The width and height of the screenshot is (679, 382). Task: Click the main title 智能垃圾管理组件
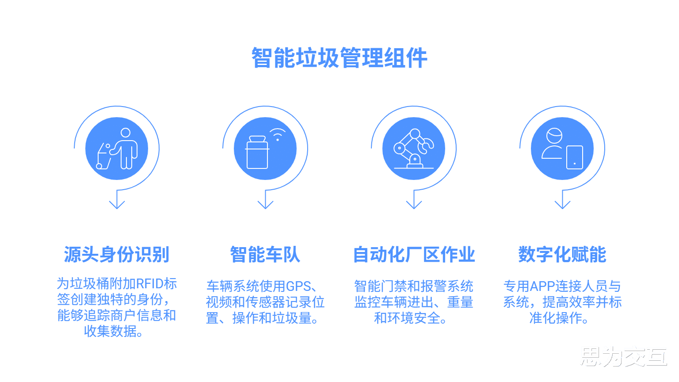pyautogui.click(x=339, y=58)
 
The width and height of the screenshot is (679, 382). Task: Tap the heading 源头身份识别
pyautogui.click(x=117, y=255)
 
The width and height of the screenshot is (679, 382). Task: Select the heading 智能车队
pyautogui.click(x=265, y=255)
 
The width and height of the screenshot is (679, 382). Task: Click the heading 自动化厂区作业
pyautogui.click(x=414, y=255)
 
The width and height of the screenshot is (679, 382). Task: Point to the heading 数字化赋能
pyautogui.click(x=562, y=255)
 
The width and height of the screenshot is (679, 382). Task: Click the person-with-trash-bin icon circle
pyautogui.click(x=117, y=149)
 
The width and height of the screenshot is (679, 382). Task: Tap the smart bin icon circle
pyautogui.click(x=265, y=149)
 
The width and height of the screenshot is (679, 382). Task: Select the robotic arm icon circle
pyautogui.click(x=414, y=149)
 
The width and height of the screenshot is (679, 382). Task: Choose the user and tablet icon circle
pyautogui.click(x=562, y=149)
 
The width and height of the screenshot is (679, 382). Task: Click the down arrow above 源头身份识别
pyautogui.click(x=117, y=202)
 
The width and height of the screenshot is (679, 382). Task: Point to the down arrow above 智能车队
pyautogui.click(x=265, y=202)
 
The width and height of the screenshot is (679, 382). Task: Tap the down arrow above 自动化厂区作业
pyautogui.click(x=414, y=202)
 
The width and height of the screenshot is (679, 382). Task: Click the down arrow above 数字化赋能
pyautogui.click(x=562, y=202)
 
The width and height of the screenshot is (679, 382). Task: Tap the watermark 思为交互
pyautogui.click(x=623, y=356)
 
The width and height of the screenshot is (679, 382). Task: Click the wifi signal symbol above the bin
pyautogui.click(x=278, y=134)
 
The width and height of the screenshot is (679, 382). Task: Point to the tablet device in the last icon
pyautogui.click(x=574, y=157)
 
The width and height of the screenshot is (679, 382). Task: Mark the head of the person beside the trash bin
pyautogui.click(x=126, y=133)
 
